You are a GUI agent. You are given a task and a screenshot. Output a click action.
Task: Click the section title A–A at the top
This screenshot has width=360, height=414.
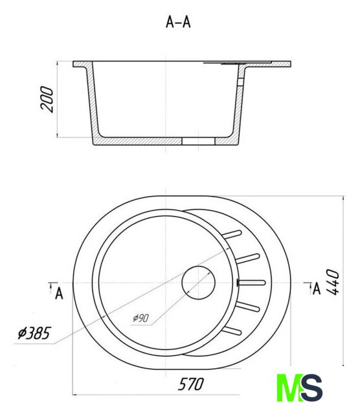[178, 22]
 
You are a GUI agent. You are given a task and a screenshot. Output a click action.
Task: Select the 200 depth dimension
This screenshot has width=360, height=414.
[47, 99]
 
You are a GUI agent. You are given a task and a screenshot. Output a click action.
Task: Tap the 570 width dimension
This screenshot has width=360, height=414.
[191, 384]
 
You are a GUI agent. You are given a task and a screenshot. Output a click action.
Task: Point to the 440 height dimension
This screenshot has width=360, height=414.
[332, 282]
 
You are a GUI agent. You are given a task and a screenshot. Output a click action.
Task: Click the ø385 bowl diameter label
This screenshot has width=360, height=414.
[34, 333]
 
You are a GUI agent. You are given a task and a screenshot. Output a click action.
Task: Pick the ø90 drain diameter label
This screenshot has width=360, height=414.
[141, 318]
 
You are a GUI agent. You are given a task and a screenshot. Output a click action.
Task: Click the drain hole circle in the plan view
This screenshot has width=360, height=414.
[198, 283]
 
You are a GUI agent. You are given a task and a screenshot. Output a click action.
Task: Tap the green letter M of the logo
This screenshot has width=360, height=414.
[289, 387]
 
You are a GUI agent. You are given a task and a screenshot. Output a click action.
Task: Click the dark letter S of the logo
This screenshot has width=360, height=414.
[312, 387]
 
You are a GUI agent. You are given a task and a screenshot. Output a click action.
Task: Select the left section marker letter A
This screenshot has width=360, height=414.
[59, 293]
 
